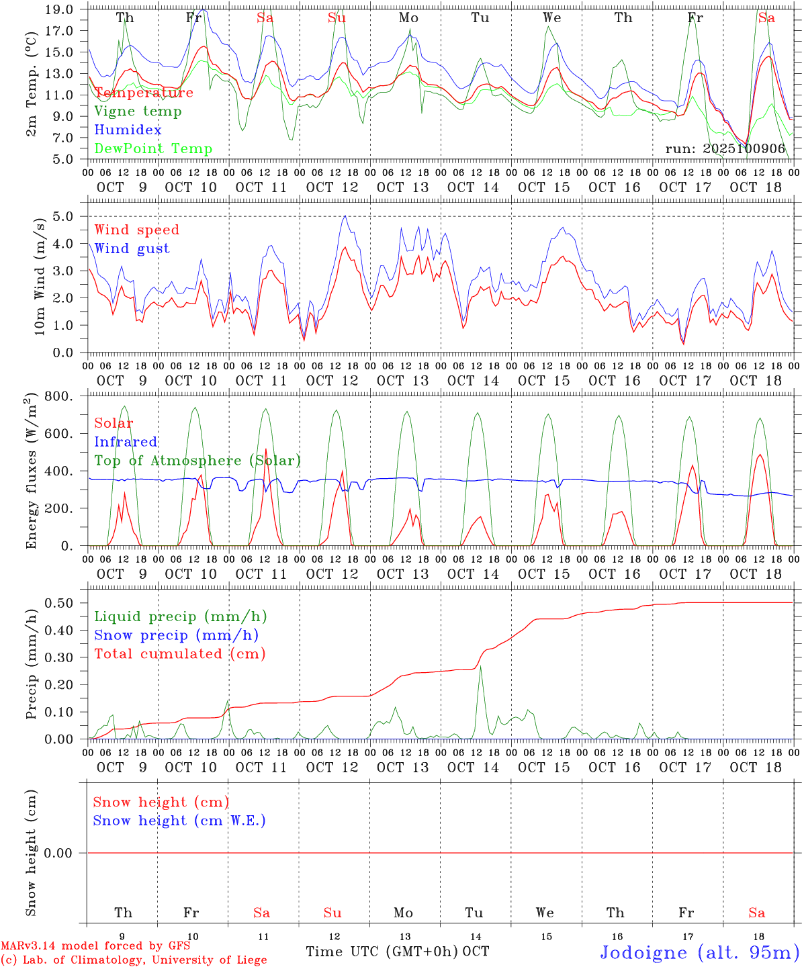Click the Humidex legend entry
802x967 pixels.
point(128,130)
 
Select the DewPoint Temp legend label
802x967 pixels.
point(153,149)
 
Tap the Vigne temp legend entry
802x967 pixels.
point(138,111)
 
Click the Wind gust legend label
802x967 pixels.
point(132,248)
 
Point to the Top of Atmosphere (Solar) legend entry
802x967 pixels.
point(197,461)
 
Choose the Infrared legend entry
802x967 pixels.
point(126,442)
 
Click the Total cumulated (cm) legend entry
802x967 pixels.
point(179,654)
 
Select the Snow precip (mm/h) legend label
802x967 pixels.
point(176,635)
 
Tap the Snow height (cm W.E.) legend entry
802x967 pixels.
point(179,821)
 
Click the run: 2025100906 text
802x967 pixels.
point(725,149)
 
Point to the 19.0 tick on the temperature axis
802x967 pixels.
point(60,9)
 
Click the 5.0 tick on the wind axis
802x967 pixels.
point(64,216)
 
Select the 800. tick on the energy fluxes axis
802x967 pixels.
point(60,396)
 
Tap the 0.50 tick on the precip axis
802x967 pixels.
point(60,603)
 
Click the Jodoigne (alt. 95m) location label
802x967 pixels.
point(699,952)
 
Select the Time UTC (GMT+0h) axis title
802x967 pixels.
point(382,952)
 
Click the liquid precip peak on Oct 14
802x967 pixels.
point(480,666)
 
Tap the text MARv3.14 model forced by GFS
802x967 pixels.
point(95,946)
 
